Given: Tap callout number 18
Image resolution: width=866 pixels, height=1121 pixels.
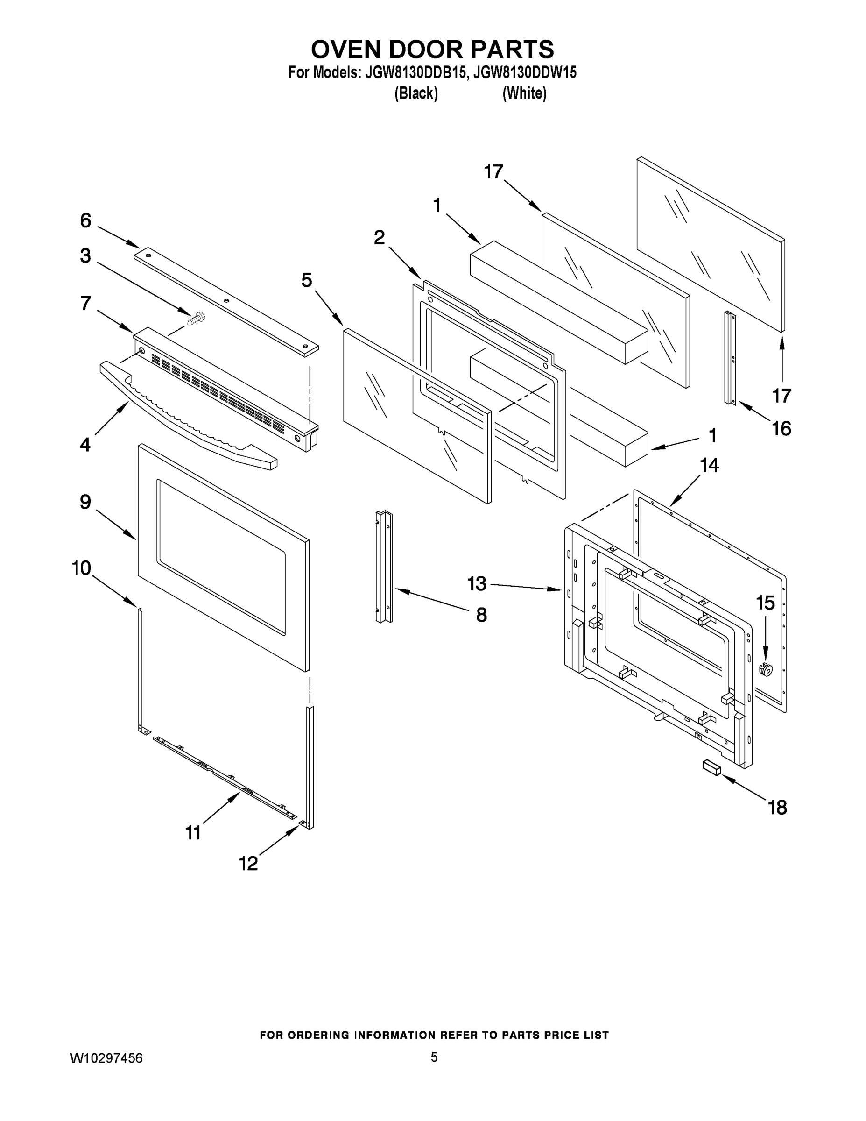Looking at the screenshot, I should click(777, 808).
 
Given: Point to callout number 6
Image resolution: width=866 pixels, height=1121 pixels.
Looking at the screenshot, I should click(86, 221).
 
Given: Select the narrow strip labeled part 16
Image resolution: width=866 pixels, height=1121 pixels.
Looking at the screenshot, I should click(731, 358).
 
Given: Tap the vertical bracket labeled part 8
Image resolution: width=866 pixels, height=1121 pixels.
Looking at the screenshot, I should click(384, 567).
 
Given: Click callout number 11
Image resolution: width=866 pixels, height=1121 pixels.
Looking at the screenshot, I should click(193, 832).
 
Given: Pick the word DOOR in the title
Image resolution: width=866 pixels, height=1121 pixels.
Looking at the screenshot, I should click(420, 50).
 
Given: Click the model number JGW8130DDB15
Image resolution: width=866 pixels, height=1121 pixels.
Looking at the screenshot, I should click(415, 72).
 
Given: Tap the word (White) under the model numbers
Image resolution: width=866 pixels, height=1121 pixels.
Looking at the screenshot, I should click(524, 93).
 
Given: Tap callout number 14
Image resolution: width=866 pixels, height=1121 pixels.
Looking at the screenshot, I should click(710, 466).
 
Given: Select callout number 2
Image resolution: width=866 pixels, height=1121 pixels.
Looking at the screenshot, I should click(379, 238).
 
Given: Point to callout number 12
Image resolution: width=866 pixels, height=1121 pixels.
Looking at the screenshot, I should click(248, 864).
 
